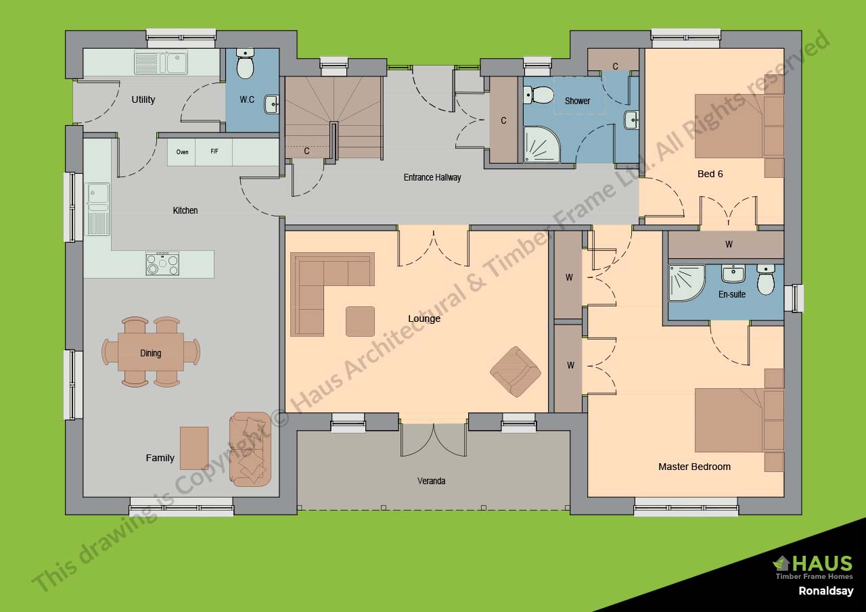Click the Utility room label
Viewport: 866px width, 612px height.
pos(143,99)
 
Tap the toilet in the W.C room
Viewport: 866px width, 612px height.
pos(245,65)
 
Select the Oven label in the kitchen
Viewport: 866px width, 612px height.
pos(182,152)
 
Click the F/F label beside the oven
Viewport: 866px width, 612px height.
pos(214,152)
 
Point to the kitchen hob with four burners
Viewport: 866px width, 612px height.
pos(162,264)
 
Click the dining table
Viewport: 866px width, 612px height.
pos(150,352)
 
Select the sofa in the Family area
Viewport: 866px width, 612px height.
pos(250,449)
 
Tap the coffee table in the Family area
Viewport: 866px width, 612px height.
pos(194,448)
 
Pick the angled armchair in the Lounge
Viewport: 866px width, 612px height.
pos(516,371)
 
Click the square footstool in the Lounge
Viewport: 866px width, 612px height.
pos(360,321)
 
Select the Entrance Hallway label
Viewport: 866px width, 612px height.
pos(432,177)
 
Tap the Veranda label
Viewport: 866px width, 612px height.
pos(431,481)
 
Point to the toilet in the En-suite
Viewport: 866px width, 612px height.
pos(765,279)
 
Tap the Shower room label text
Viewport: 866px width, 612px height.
pos(577,101)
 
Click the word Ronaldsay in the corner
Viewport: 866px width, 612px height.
pos(825,590)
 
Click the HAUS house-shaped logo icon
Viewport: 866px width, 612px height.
pos(781,563)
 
